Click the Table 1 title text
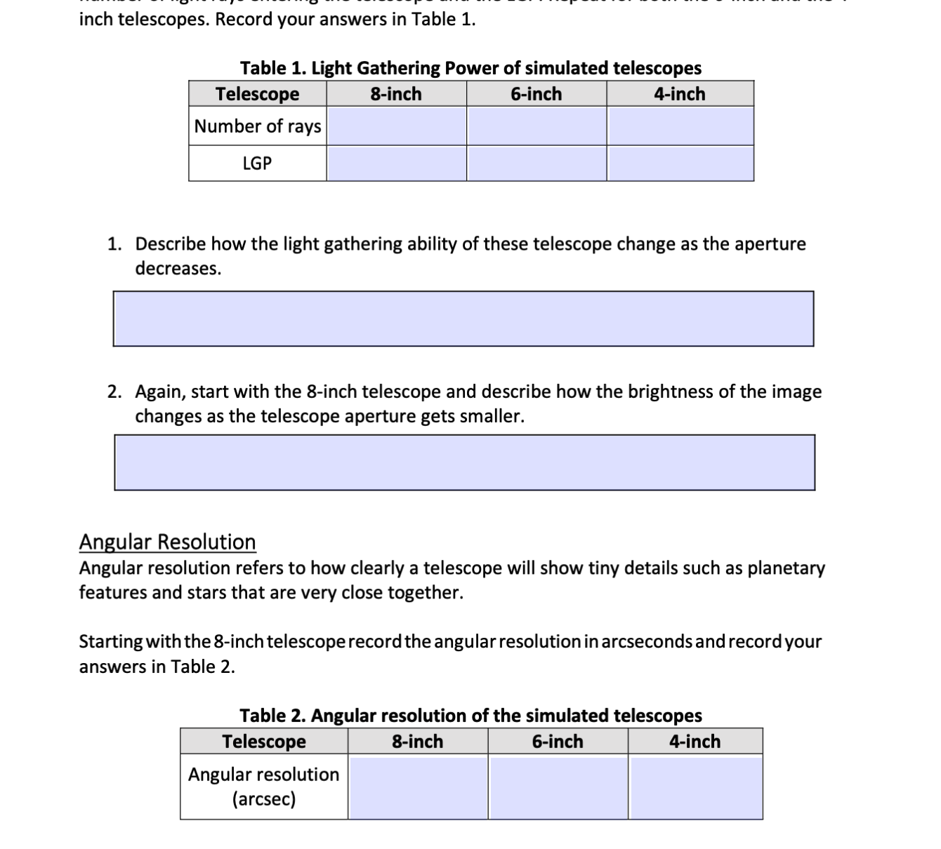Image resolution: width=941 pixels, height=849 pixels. [470, 68]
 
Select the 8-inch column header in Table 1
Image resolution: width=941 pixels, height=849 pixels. [396, 94]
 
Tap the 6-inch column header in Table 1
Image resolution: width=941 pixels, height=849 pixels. [537, 94]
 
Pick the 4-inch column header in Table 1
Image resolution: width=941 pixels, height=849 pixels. [680, 94]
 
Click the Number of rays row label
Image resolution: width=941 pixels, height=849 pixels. [258, 126]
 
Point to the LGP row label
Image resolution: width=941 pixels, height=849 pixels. [257, 163]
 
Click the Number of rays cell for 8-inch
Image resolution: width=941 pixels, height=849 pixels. [397, 126]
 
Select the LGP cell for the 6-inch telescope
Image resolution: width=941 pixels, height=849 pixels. [537, 163]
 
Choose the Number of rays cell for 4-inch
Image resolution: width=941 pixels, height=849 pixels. [680, 126]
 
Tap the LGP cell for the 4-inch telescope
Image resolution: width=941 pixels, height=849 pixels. [680, 163]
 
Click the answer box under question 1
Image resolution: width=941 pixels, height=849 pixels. [463, 319]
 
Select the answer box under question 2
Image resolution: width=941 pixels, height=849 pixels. [464, 462]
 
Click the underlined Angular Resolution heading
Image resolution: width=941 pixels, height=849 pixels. [167, 542]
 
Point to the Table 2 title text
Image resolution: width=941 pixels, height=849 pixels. [470, 716]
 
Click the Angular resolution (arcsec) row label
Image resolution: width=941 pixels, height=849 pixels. [263, 787]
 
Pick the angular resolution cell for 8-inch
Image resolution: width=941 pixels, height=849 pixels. [418, 787]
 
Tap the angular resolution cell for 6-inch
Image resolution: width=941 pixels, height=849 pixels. [558, 787]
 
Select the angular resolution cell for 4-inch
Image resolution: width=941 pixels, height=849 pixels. [695, 787]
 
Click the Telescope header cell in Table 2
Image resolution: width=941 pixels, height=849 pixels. [264, 742]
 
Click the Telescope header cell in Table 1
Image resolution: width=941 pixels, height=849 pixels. [257, 94]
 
